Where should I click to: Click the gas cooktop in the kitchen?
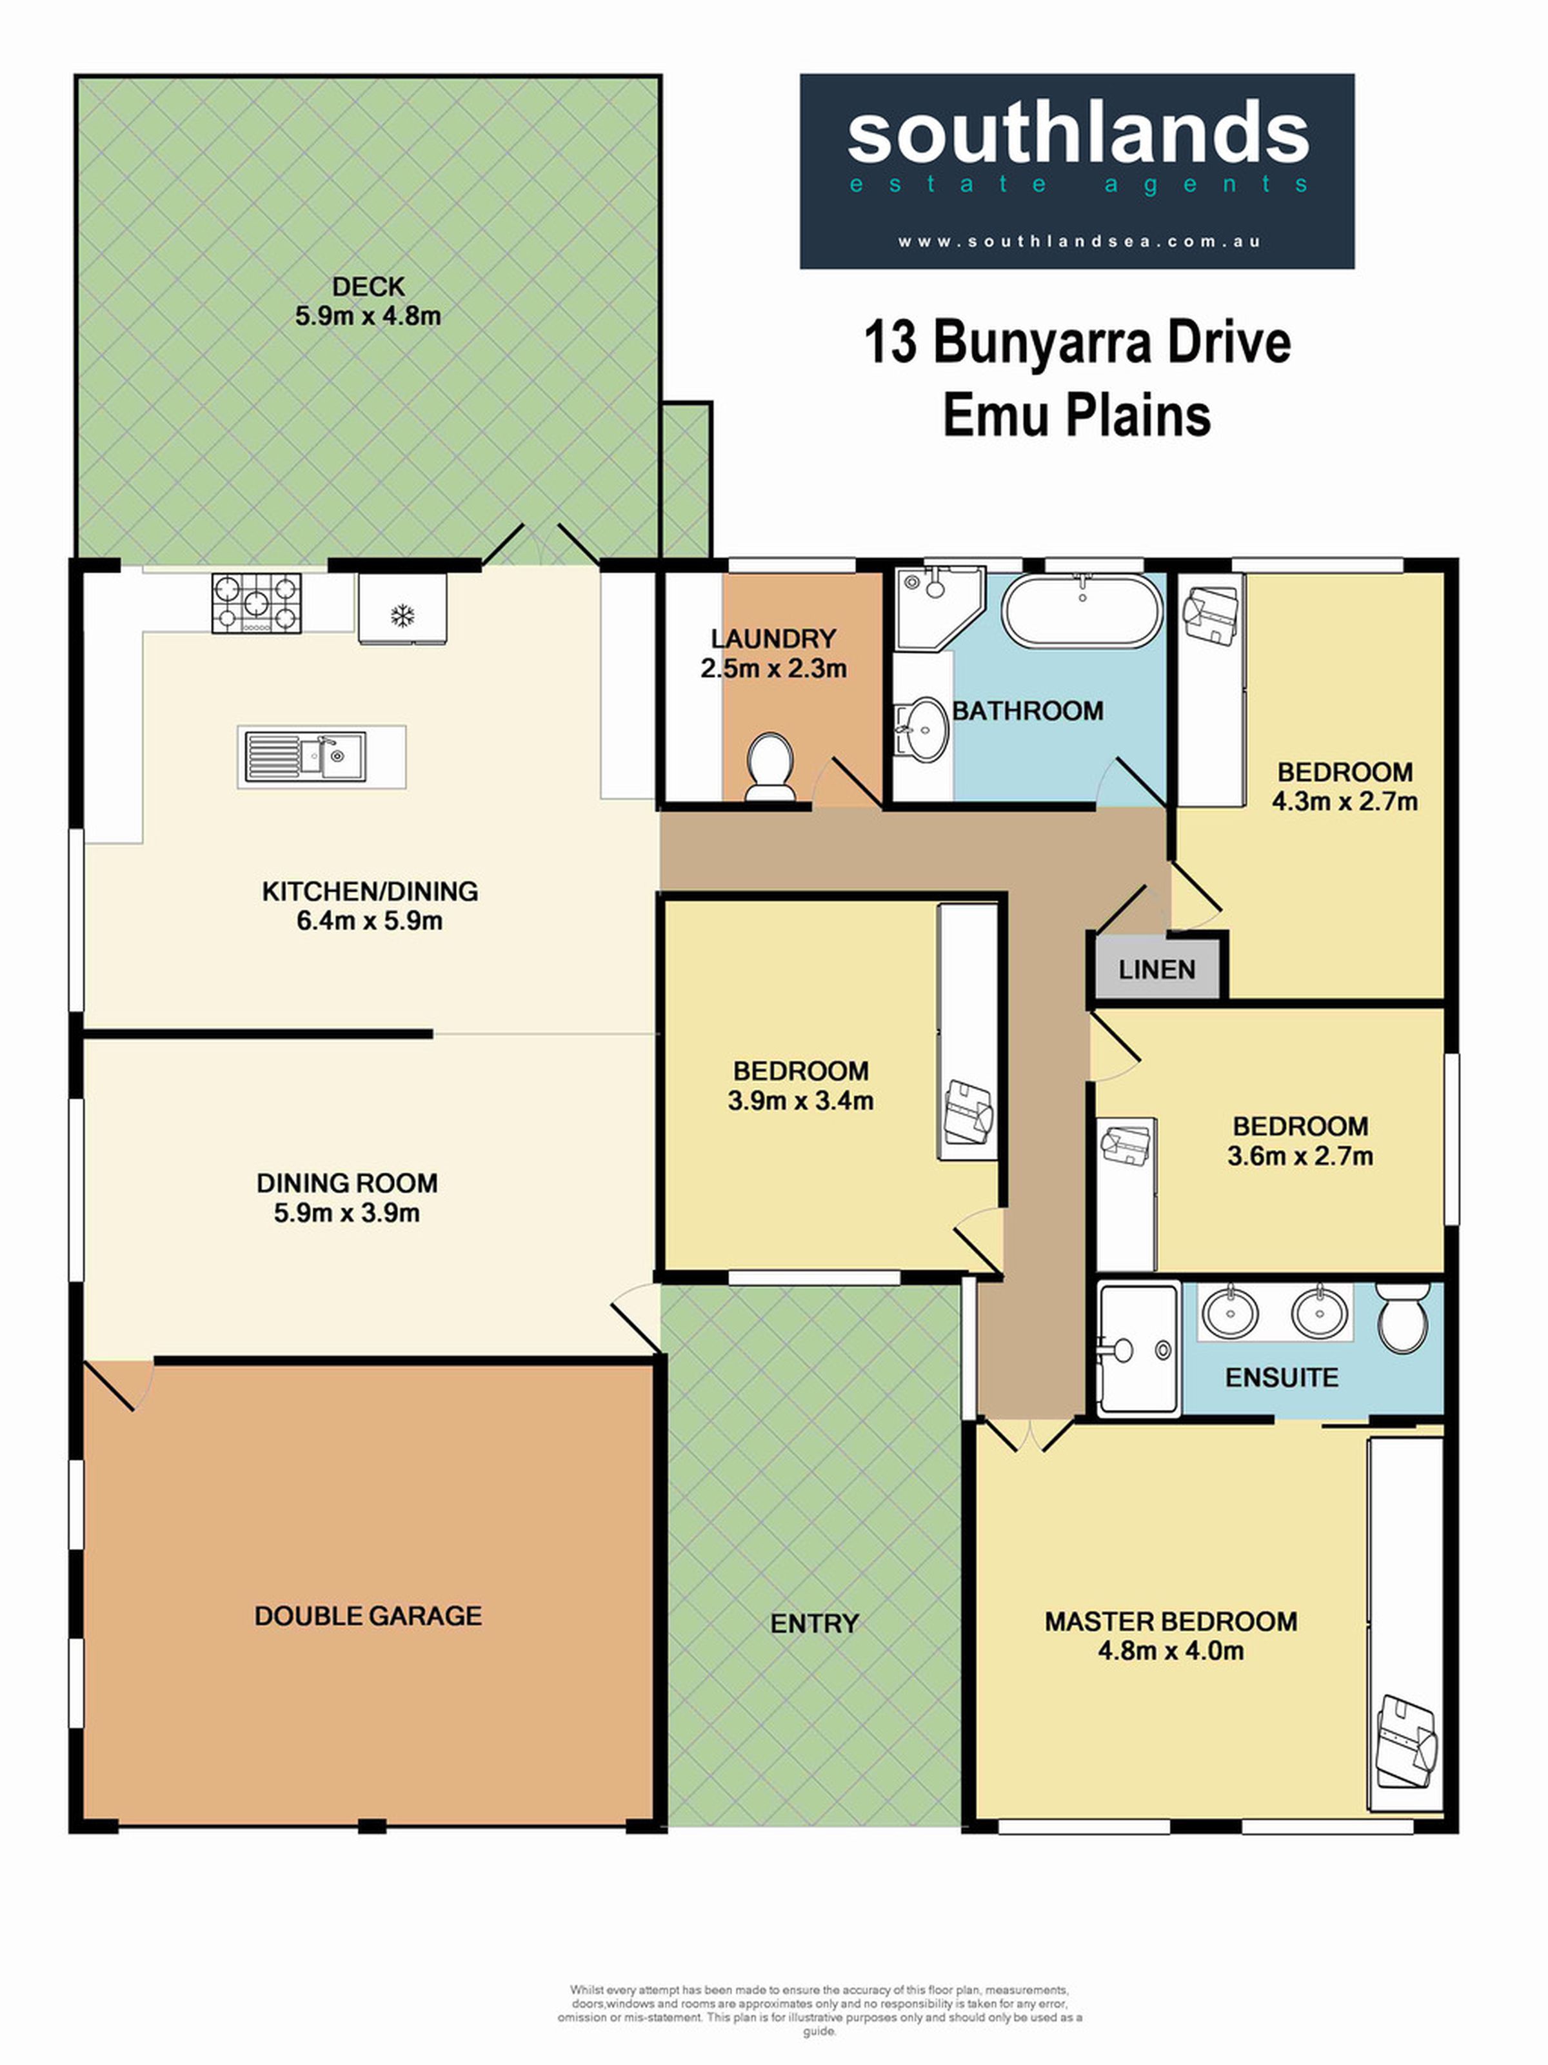(x=257, y=603)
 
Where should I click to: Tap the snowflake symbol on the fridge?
(x=402, y=615)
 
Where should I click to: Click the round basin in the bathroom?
(x=922, y=726)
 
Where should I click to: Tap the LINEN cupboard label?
(x=1156, y=970)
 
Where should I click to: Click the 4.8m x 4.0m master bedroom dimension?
(x=1171, y=1650)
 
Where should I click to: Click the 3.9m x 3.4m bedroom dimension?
(x=801, y=1101)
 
